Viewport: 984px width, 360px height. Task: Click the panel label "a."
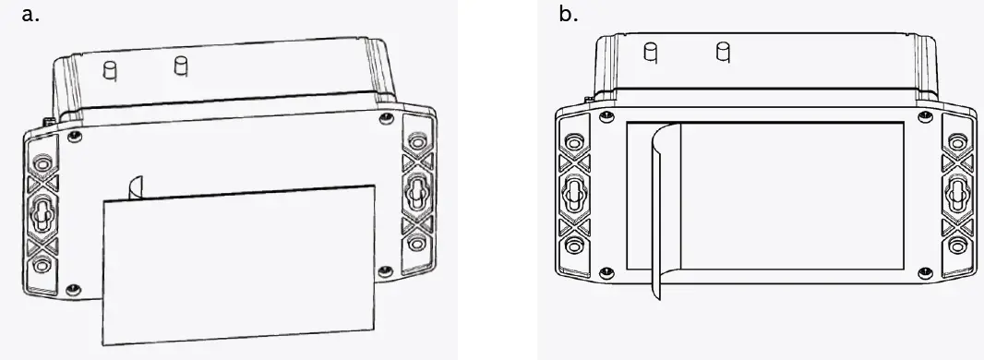point(30,14)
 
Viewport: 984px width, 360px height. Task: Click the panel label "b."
point(568,14)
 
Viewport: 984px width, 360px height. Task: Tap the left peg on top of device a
point(111,69)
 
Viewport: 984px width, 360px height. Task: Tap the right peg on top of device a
point(181,66)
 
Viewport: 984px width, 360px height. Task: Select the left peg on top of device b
point(651,53)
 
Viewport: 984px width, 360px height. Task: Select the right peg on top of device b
point(723,52)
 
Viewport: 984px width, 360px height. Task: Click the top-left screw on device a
point(75,136)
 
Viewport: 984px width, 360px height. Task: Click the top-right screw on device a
point(387,118)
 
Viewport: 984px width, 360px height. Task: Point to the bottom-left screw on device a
point(74,289)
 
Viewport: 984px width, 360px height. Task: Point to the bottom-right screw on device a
point(385,271)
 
